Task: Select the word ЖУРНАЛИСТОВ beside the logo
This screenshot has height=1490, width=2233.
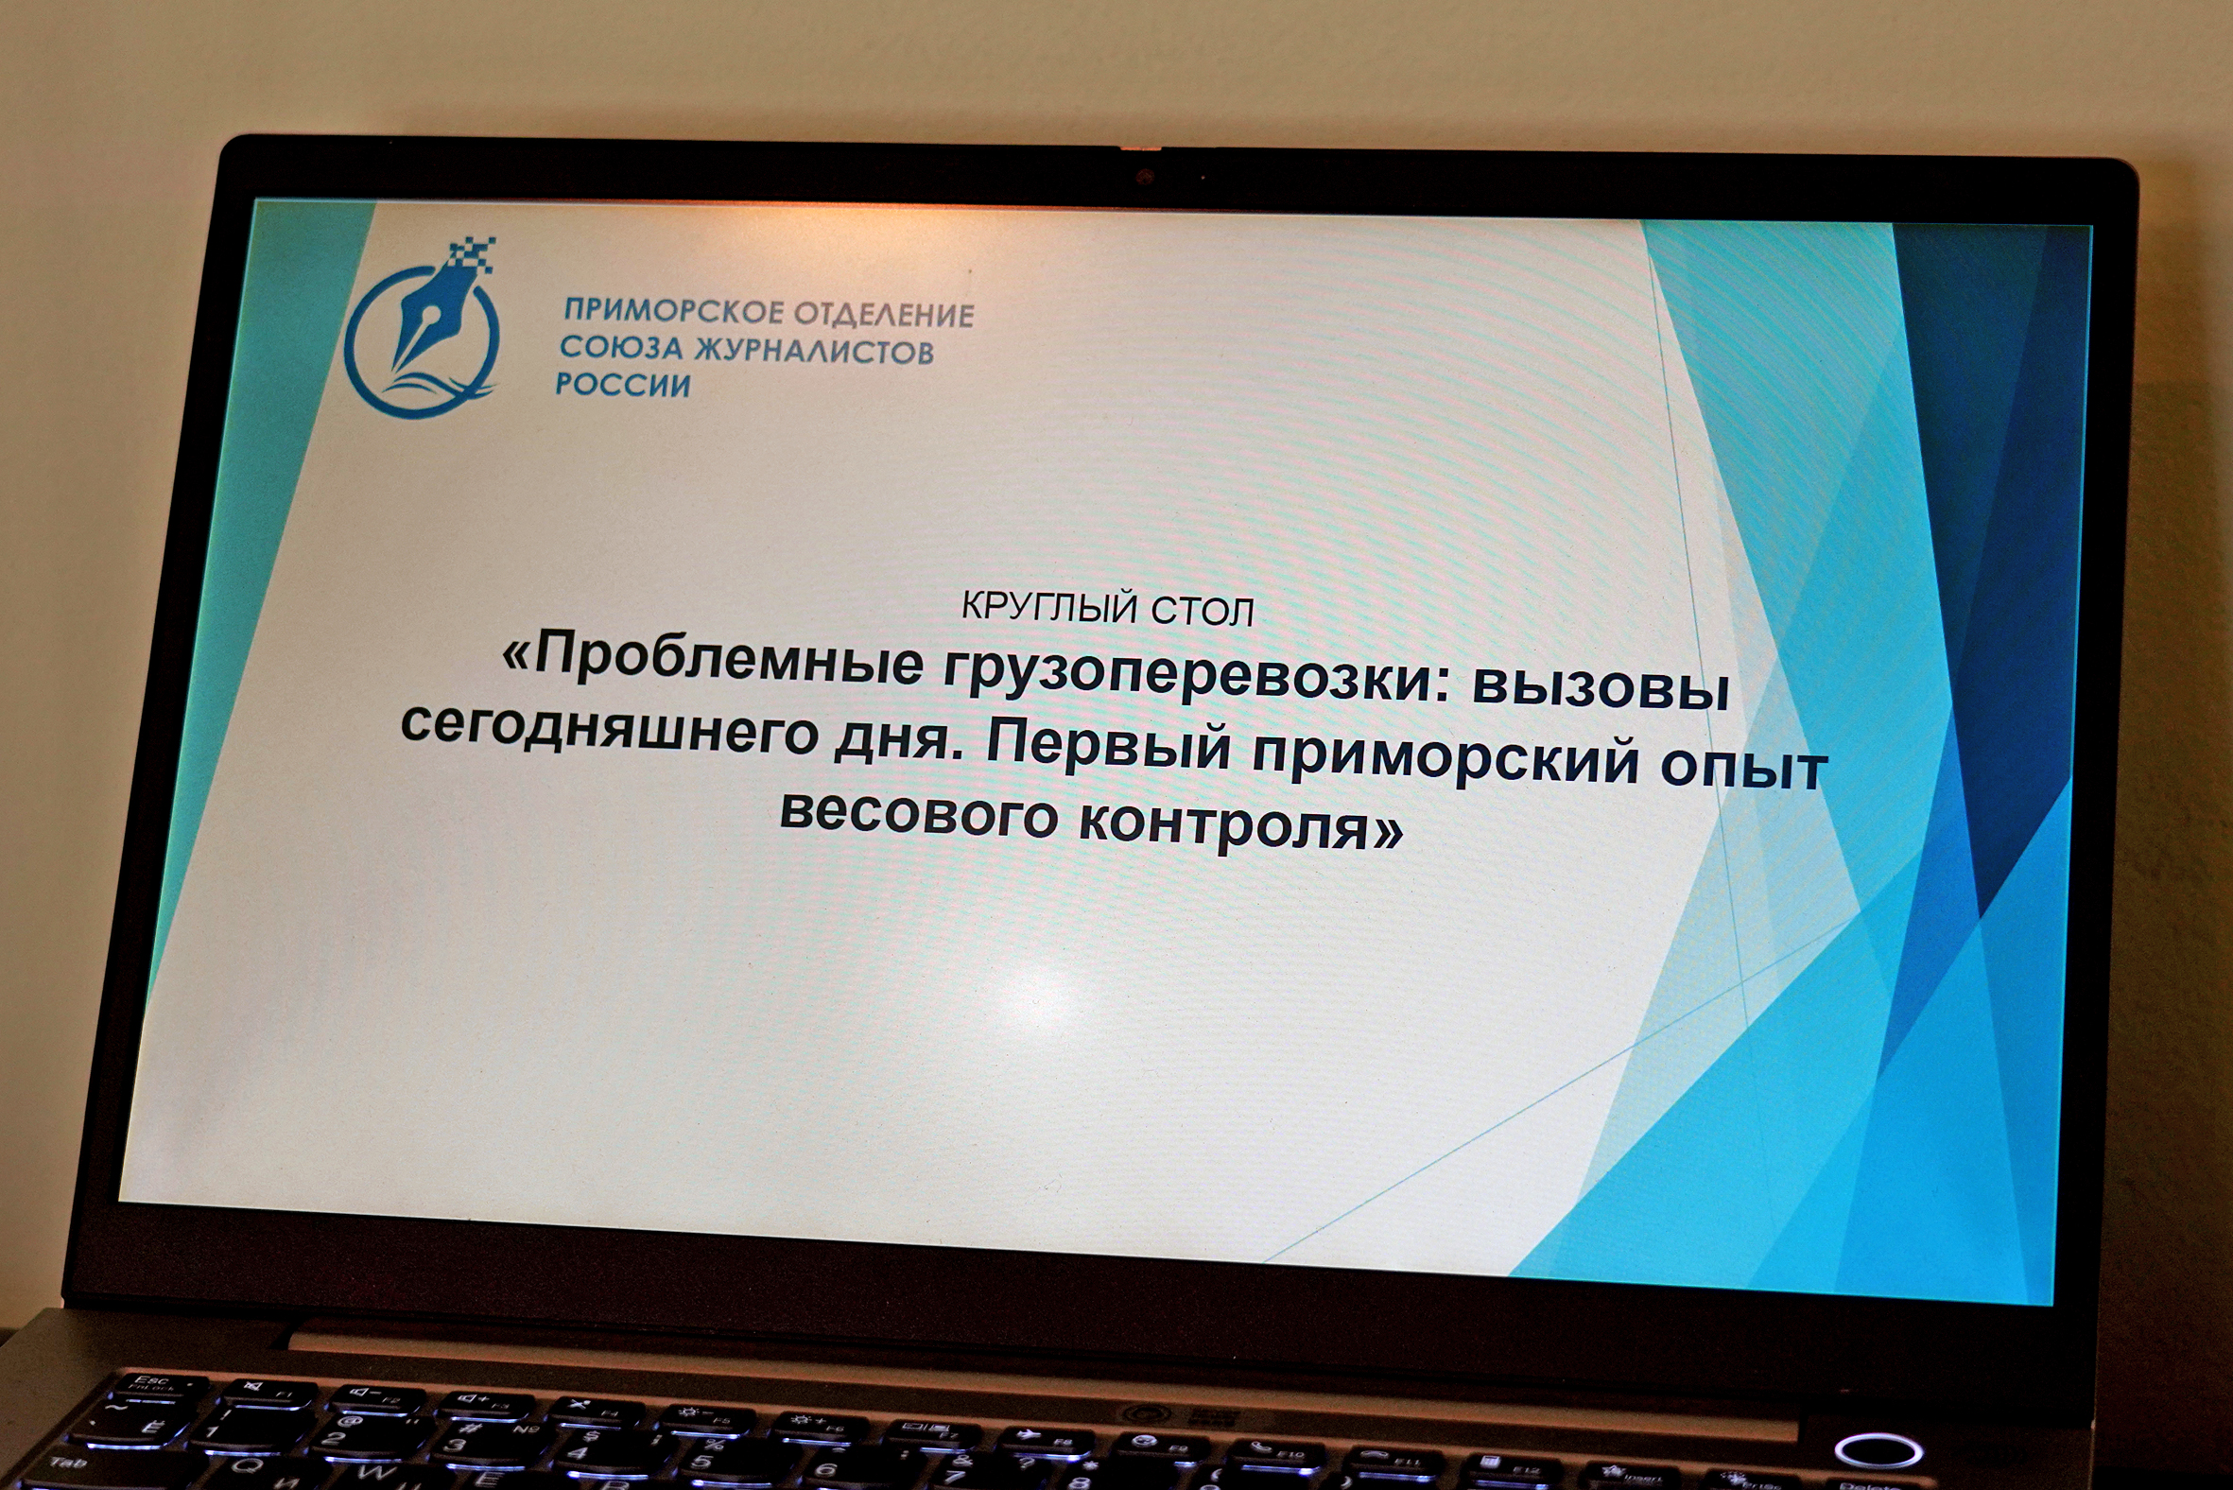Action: (x=814, y=351)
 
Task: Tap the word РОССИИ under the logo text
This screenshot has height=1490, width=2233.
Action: (x=622, y=385)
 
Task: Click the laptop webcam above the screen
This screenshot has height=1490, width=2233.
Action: (x=1145, y=177)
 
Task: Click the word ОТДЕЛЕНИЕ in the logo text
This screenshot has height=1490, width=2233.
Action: (x=884, y=314)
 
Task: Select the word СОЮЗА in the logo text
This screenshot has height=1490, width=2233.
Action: (x=621, y=347)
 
